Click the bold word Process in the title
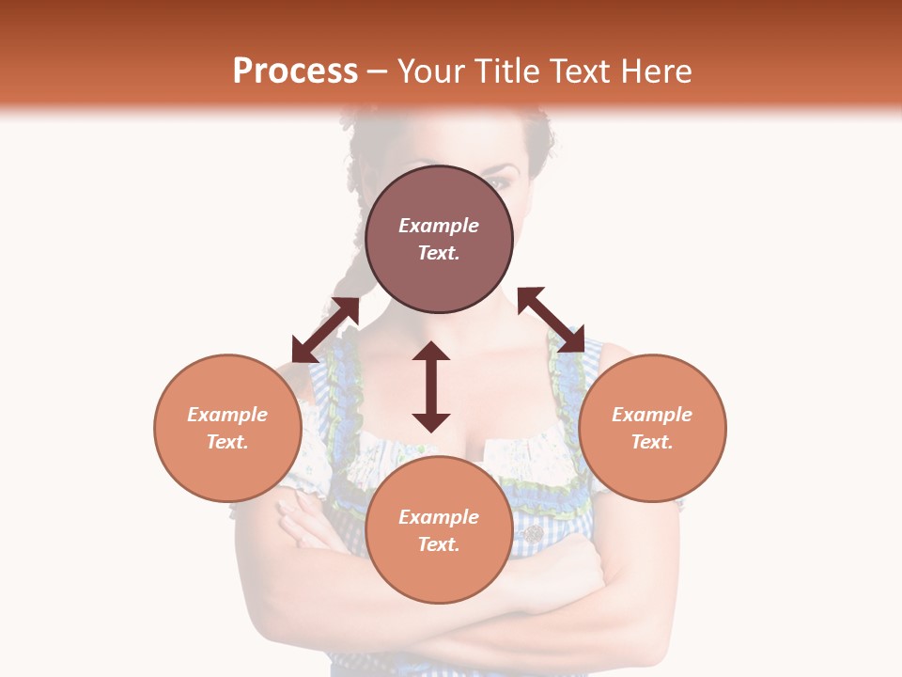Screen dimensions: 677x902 [295, 71]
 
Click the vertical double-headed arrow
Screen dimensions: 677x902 [431, 386]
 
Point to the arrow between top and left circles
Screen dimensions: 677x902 [325, 330]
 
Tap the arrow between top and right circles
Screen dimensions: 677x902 [552, 320]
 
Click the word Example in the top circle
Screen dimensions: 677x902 [439, 226]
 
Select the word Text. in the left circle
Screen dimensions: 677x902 [227, 442]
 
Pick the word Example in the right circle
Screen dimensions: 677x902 [652, 415]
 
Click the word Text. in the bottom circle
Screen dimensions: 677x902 [439, 544]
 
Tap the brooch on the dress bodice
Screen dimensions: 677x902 [533, 533]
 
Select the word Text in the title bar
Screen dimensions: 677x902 [583, 71]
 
